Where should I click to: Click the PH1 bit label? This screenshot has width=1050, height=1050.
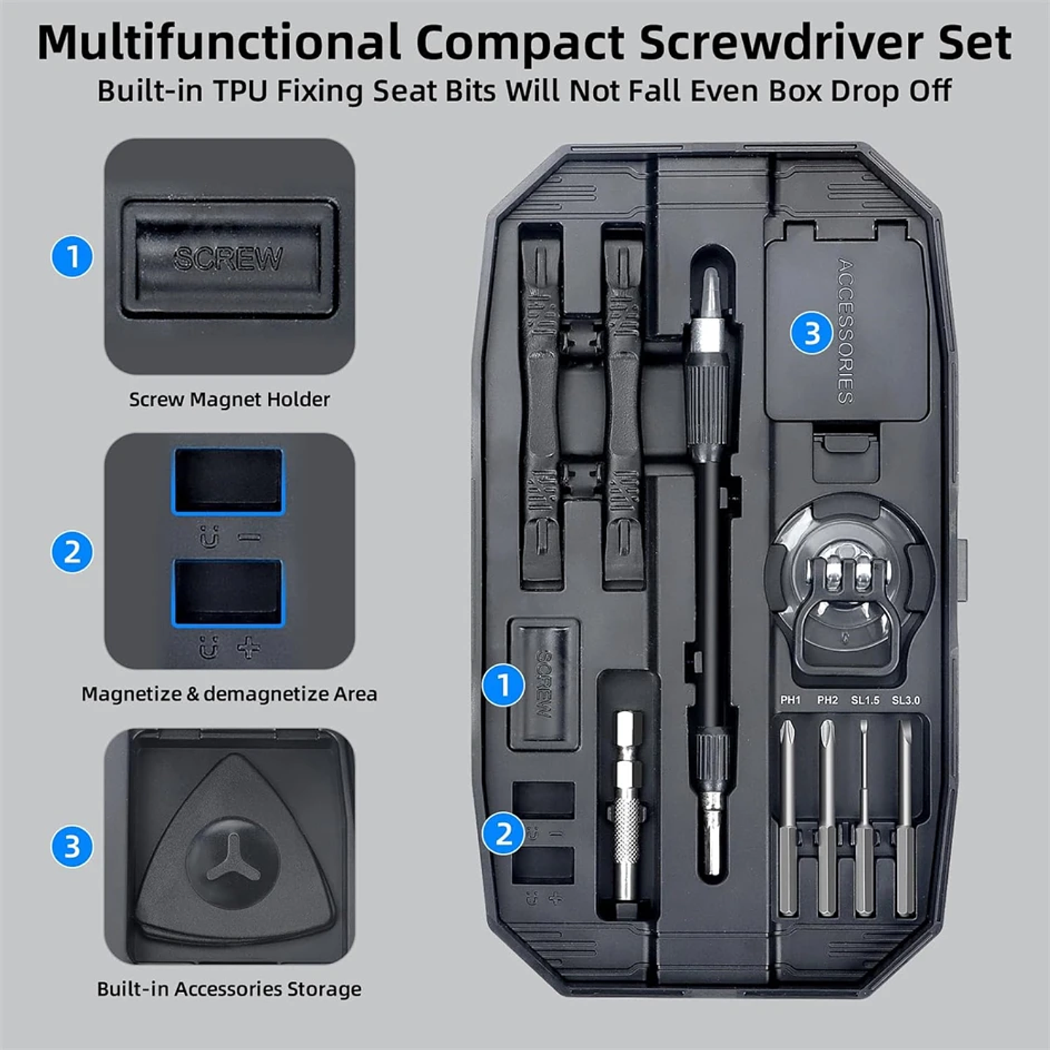coord(790,700)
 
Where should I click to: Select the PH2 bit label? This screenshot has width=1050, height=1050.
coord(828,700)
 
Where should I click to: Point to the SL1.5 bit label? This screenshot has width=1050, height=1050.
coord(866,700)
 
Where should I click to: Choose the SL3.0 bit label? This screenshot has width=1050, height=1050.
coord(906,700)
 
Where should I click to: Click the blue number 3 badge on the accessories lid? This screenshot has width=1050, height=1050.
coord(812,334)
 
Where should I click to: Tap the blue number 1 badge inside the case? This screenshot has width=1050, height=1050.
coord(503,685)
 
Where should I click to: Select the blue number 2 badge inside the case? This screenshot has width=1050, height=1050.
coord(503,833)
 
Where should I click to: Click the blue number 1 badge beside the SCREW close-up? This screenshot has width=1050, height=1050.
coord(72,257)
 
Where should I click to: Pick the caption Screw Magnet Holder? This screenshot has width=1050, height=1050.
coord(229,400)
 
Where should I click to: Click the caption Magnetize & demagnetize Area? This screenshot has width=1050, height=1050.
coord(229,694)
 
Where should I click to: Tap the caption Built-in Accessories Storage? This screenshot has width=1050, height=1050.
coord(229,989)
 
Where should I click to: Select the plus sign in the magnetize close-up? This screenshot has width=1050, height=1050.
coord(249,647)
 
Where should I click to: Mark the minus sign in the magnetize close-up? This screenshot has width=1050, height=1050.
coord(249,538)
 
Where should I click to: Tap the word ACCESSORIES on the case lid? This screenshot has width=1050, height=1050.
coord(845,331)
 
